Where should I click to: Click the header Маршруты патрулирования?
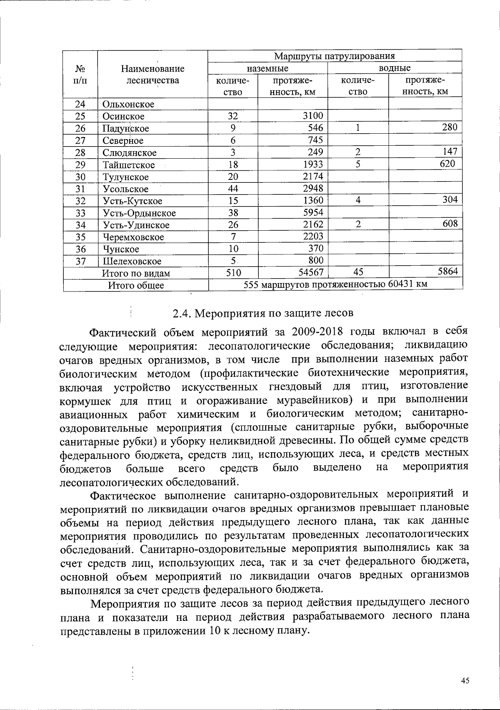pyautogui.click(x=334, y=56)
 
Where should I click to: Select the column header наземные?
pyautogui.click(x=267, y=68)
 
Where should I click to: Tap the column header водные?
pyautogui.click(x=394, y=68)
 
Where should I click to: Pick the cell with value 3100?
pyautogui.click(x=312, y=116)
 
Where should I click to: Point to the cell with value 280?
pyautogui.click(x=450, y=127)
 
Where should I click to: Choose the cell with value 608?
pyautogui.click(x=450, y=224)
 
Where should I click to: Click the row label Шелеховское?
pyautogui.click(x=132, y=262)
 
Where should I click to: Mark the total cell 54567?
pyautogui.click(x=309, y=272)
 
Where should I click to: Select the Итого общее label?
pyautogui.click(x=136, y=286)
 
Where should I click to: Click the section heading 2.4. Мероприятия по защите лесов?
pyautogui.click(x=262, y=313)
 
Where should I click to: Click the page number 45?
pyautogui.click(x=465, y=681)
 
